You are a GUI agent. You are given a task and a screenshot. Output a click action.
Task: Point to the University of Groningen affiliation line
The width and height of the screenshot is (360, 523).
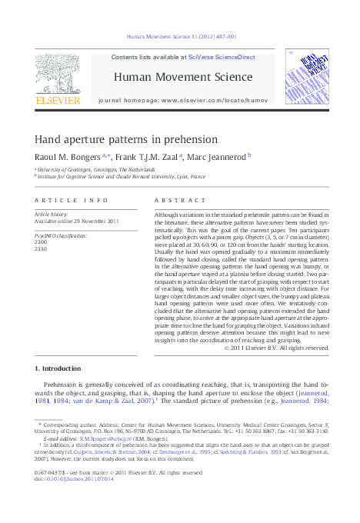85,168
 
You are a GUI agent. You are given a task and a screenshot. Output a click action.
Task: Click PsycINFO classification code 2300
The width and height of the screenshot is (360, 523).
41,242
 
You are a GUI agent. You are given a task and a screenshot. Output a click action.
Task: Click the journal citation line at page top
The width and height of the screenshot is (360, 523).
181,36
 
